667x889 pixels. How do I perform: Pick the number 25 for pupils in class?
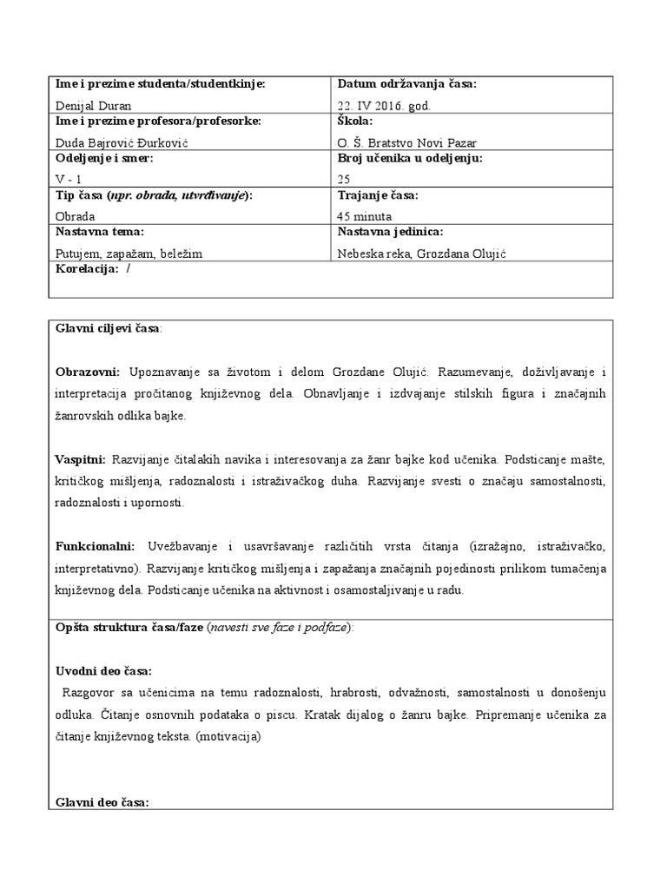pyautogui.click(x=345, y=179)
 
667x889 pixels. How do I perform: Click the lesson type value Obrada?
pyautogui.click(x=75, y=216)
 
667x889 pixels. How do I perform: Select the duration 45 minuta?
pyautogui.click(x=365, y=216)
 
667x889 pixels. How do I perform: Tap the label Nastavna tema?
pyautogui.click(x=100, y=232)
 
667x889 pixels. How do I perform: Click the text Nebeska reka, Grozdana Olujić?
pyautogui.click(x=421, y=253)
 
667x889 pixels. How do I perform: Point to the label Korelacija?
pyautogui.click(x=87, y=270)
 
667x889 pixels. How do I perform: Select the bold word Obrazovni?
pyautogui.click(x=88, y=372)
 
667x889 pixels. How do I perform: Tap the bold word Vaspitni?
pyautogui.click(x=81, y=458)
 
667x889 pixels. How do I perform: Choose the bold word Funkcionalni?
pyautogui.click(x=96, y=545)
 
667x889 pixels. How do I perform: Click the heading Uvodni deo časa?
pyautogui.click(x=103, y=671)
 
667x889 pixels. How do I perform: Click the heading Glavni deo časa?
pyautogui.click(x=102, y=802)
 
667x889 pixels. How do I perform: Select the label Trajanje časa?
pyautogui.click(x=378, y=195)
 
